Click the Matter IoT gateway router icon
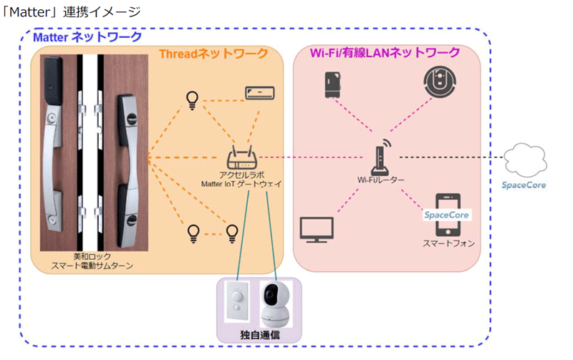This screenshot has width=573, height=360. [x=241, y=159]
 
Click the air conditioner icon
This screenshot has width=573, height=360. [x=259, y=92]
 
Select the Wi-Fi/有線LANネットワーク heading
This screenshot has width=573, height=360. [x=385, y=53]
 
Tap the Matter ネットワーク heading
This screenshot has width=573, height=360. [x=89, y=37]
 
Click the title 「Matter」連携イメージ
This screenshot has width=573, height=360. [x=71, y=12]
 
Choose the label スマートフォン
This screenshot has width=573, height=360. [x=448, y=243]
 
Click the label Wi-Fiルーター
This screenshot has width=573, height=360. [x=381, y=181]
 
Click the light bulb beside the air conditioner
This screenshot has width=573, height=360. [x=191, y=99]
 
